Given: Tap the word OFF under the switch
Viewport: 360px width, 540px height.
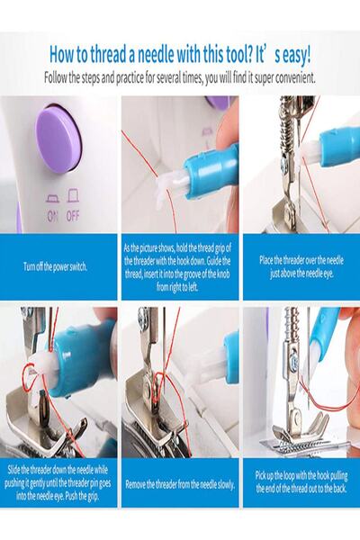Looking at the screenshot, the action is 73,216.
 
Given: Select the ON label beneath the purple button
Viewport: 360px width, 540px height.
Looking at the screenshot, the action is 53,216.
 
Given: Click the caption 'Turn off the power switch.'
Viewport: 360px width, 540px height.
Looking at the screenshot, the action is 55,266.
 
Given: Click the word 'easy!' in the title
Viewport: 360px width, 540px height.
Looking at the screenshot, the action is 292,55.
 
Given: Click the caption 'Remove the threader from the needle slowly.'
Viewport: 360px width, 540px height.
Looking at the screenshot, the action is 180,484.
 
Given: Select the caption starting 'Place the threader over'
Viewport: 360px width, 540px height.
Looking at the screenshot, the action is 301,267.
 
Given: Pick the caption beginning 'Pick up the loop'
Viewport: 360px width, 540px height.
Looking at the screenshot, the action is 301,481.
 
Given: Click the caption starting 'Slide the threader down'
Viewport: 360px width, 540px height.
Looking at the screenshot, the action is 58,483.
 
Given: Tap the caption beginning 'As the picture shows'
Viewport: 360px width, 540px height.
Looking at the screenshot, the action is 177,267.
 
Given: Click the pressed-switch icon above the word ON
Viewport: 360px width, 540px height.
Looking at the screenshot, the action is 53,200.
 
